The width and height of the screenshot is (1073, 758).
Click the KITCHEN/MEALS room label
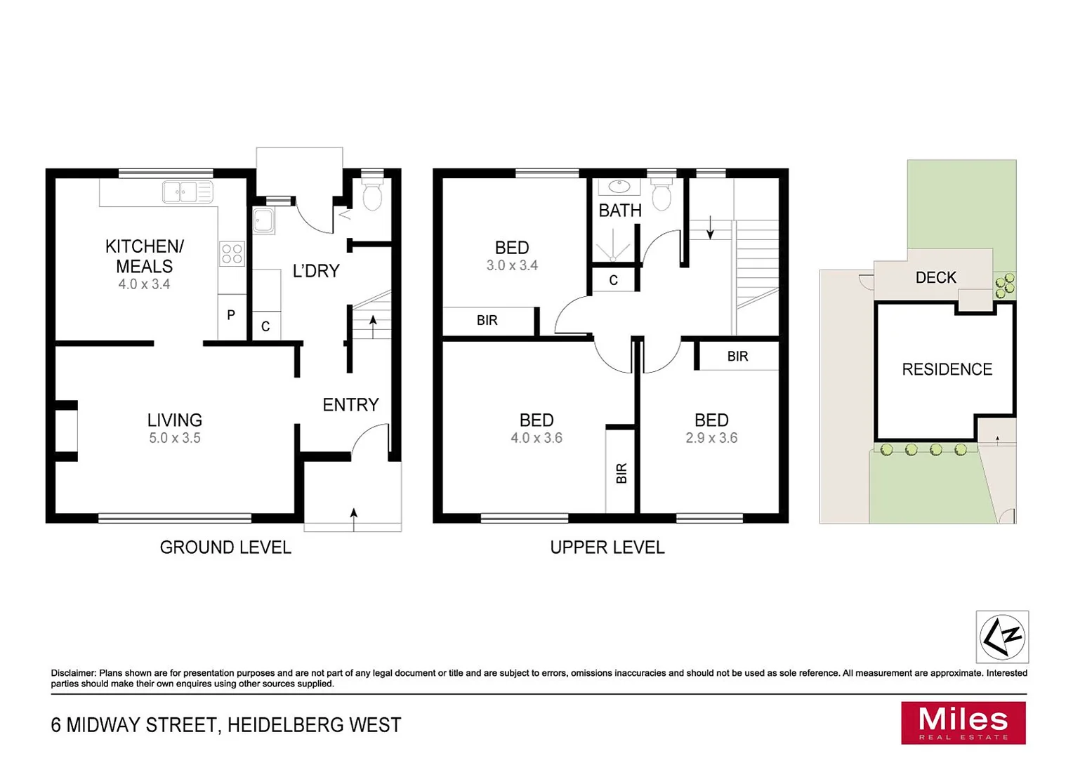[144, 256]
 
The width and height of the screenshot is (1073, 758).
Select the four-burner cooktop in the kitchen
[232, 253]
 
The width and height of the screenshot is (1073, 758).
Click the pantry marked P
[231, 316]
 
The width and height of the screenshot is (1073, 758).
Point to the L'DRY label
[316, 271]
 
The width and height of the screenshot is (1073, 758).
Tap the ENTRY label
[350, 405]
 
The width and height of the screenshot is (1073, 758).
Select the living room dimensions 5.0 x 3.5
[175, 438]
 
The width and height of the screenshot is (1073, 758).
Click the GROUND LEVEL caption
[225, 547]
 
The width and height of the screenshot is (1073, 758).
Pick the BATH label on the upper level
[620, 211]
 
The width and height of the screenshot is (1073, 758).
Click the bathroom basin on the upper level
[619, 187]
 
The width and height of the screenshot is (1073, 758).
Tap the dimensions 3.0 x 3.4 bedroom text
[512, 265]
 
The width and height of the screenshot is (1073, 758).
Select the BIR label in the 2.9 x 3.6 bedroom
[737, 357]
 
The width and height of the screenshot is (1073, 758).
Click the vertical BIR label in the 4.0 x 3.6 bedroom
[621, 474]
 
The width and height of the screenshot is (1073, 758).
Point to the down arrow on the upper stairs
[710, 228]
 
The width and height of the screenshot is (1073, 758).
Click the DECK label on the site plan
[935, 278]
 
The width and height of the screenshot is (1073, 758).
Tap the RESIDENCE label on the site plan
[947, 370]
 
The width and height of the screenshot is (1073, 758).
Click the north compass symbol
[1002, 637]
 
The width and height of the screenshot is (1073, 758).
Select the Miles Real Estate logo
[963, 723]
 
